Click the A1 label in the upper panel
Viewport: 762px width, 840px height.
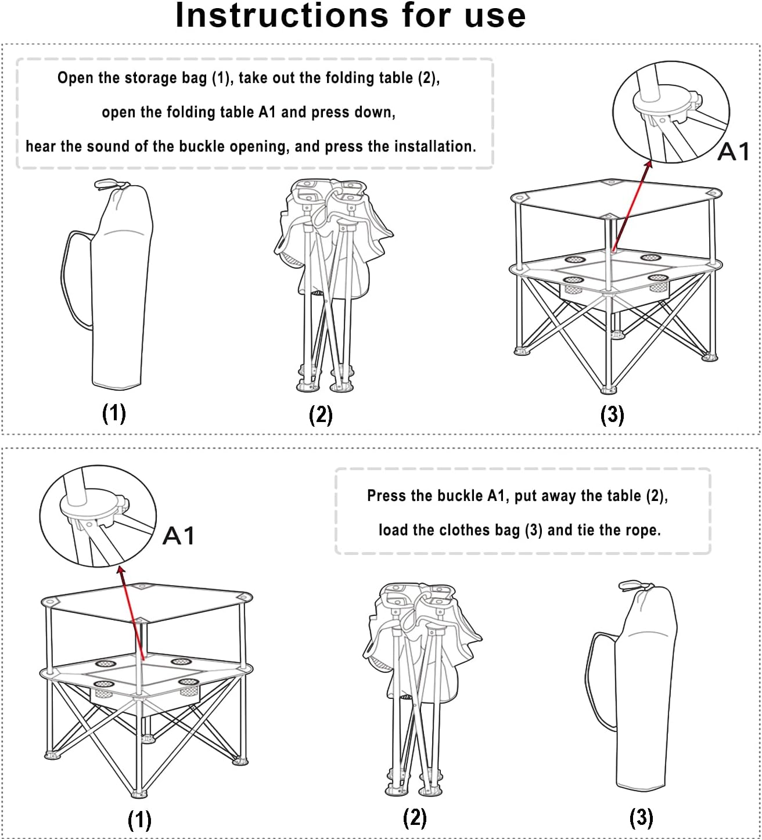pos(734,152)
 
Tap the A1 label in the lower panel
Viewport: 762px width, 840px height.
pos(178,535)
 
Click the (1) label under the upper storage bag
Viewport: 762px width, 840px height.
pos(114,413)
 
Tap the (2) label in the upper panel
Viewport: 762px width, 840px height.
pos(321,414)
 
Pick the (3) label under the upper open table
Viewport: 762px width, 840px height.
pos(612,414)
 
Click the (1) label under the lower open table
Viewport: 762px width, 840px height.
pos(139,820)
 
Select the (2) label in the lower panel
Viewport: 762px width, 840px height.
pos(415,818)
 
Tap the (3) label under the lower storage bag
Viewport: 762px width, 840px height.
pos(641,818)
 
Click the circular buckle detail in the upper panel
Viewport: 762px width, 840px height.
pos(670,111)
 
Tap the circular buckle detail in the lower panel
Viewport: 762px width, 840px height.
pos(98,515)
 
